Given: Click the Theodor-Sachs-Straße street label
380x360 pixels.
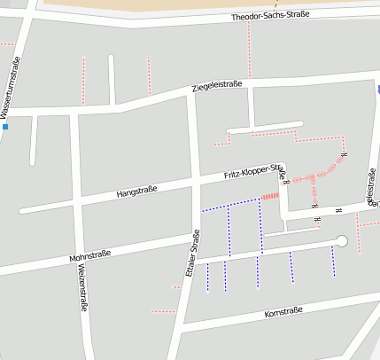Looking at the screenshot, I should tap(269, 17).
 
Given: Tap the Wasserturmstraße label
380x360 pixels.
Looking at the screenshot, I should tap(12, 86).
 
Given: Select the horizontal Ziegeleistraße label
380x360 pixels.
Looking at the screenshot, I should tap(217, 86).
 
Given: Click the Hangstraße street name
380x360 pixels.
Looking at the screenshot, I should tap(136, 191).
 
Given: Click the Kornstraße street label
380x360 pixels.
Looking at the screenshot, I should tap(283, 312).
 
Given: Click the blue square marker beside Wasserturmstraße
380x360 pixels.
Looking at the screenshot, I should tap(5, 127).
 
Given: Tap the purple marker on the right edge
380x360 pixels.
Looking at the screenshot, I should tap(378, 89).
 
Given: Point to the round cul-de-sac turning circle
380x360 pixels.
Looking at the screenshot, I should tap(342, 241).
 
